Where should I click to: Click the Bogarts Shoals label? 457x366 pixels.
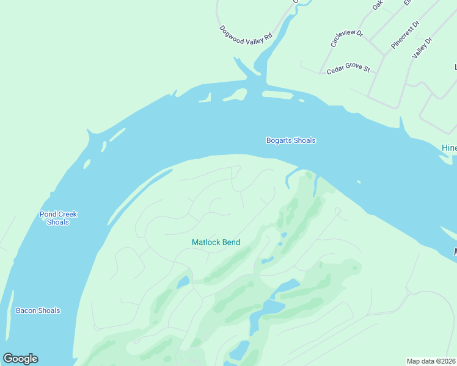pos(291,140)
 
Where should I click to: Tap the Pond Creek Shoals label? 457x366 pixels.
pos(58,218)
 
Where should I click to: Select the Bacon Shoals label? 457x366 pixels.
pos(38,310)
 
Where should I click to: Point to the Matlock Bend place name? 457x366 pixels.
pos(216,242)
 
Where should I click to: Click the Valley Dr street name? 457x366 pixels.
pos(422,48)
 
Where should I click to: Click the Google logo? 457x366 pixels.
pos(20,359)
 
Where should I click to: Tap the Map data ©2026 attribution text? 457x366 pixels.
pos(431,361)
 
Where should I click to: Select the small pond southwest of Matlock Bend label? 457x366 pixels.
pos(183,282)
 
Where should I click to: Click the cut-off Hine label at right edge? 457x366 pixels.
pos(449,148)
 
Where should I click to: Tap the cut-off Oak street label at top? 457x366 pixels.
pos(378,5)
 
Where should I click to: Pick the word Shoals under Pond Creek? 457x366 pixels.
pos(58,222)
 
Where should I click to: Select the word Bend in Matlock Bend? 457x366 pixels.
pos(231,242)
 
